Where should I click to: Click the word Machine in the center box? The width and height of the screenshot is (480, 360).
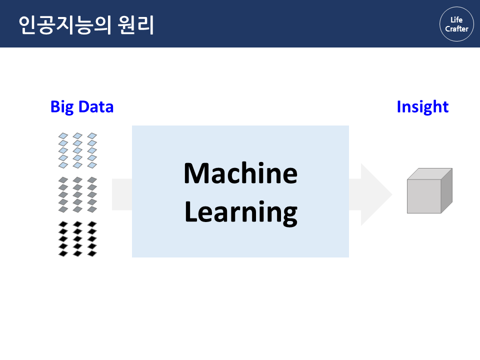240,173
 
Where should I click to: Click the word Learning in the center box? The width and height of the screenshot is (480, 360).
240,212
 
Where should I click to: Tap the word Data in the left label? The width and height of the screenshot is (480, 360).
95,106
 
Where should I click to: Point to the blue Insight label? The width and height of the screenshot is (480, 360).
422,106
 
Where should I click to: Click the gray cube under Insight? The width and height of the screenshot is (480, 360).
429,191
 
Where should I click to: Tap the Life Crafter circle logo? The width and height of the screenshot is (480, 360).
456,24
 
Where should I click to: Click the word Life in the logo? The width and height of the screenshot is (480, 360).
456,19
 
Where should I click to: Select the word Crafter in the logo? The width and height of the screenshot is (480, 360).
456,29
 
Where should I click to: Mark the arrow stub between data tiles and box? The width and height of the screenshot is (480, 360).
121,194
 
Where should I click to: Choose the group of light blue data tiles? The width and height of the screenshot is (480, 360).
77,150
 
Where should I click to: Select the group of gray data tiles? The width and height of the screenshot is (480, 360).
77,194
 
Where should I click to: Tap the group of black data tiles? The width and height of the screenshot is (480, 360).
77,239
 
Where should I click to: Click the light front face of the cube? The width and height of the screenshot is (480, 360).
423,196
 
